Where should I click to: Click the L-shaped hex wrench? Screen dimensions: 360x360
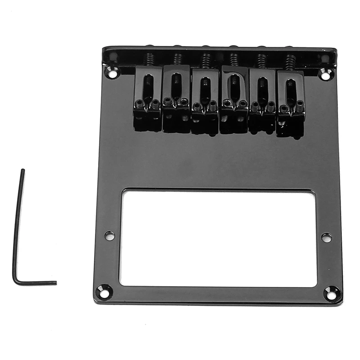tap(17, 234)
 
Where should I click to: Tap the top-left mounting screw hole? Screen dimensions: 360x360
tap(111, 71)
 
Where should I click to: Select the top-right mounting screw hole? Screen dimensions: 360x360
tap(325, 74)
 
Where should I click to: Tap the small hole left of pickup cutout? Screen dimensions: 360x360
tap(109, 235)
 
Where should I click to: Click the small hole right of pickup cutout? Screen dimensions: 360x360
tap(327, 237)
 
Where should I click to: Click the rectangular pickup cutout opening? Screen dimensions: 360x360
tap(218, 238)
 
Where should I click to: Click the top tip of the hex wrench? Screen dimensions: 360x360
tap(22, 171)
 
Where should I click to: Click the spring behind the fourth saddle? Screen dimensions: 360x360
tap(234, 59)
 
